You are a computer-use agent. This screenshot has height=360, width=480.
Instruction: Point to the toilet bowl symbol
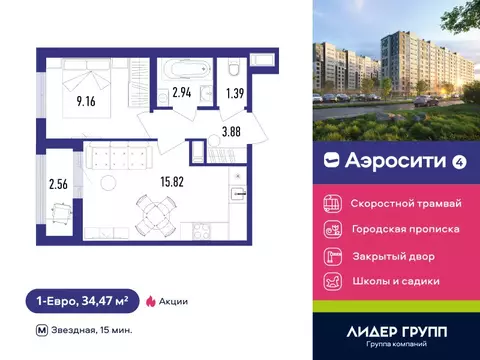point(233,69)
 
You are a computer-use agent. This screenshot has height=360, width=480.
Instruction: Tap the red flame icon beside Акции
point(151,301)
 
